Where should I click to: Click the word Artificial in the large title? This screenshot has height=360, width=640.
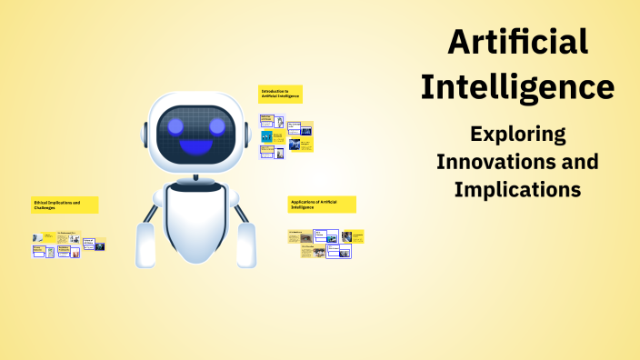(x=518, y=41)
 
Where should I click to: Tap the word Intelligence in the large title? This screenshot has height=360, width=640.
(x=518, y=86)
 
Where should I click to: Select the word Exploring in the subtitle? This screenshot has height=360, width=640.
(x=517, y=135)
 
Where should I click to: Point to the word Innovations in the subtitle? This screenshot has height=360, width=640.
(x=492, y=163)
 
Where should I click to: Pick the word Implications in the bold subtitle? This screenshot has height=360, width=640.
(x=517, y=191)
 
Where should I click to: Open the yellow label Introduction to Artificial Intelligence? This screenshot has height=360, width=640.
(x=279, y=94)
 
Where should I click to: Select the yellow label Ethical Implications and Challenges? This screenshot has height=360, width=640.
(x=65, y=205)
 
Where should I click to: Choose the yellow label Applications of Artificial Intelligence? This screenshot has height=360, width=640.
(x=321, y=204)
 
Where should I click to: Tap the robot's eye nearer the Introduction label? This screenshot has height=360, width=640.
(x=216, y=125)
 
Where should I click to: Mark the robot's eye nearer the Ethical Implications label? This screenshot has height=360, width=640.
(x=170, y=125)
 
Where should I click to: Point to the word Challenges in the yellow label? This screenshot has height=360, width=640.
(x=45, y=208)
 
